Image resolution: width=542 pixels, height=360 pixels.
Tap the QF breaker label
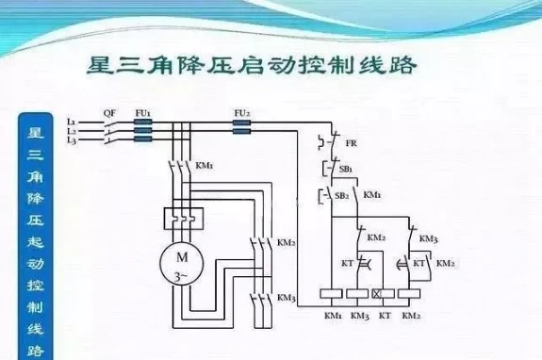pyautogui.click(x=109, y=113)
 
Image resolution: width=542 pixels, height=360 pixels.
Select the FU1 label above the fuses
pyautogui.click(x=143, y=112)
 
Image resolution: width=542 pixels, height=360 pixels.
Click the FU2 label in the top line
pyautogui.click(x=240, y=112)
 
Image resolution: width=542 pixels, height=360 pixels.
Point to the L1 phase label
pyautogui.click(x=72, y=123)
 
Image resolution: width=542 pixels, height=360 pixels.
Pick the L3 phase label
pyautogui.click(x=72, y=139)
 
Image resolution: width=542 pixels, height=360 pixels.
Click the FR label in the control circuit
pyautogui.click(x=351, y=143)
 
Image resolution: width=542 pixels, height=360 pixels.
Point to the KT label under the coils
pyautogui.click(x=385, y=314)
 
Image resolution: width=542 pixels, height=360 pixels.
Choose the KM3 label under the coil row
pyautogui.click(x=359, y=314)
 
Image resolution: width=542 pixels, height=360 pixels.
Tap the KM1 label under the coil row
pyautogui.click(x=333, y=314)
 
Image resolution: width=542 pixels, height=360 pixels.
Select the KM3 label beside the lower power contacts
pyautogui.click(x=287, y=298)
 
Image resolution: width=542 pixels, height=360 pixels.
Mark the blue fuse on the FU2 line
pyautogui.click(x=240, y=123)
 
